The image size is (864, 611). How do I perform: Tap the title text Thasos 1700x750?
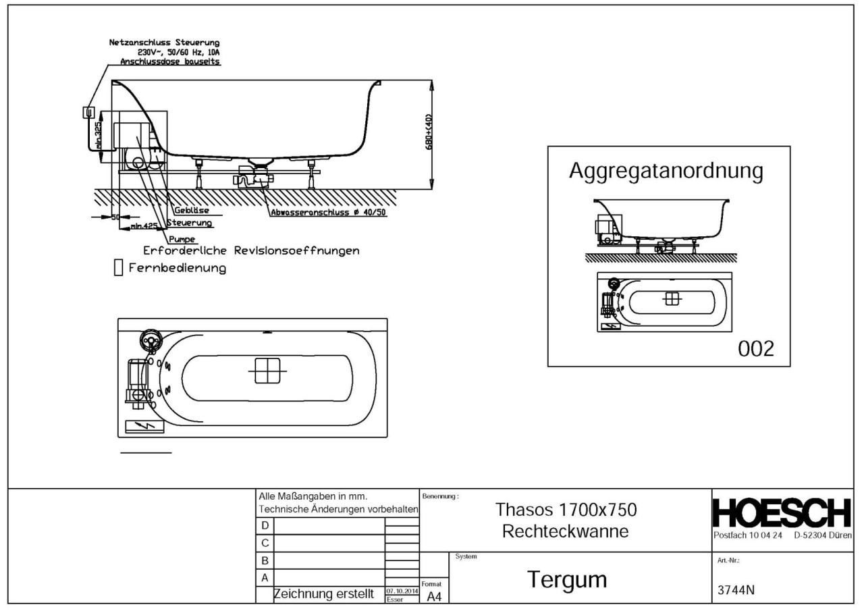[566, 509]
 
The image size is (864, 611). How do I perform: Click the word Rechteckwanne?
[566, 531]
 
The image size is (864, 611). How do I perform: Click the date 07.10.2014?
[402, 591]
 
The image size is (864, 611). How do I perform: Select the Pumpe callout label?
[182, 239]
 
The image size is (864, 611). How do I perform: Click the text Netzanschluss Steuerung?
[164, 43]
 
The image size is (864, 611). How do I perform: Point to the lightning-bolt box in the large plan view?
[144, 427]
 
